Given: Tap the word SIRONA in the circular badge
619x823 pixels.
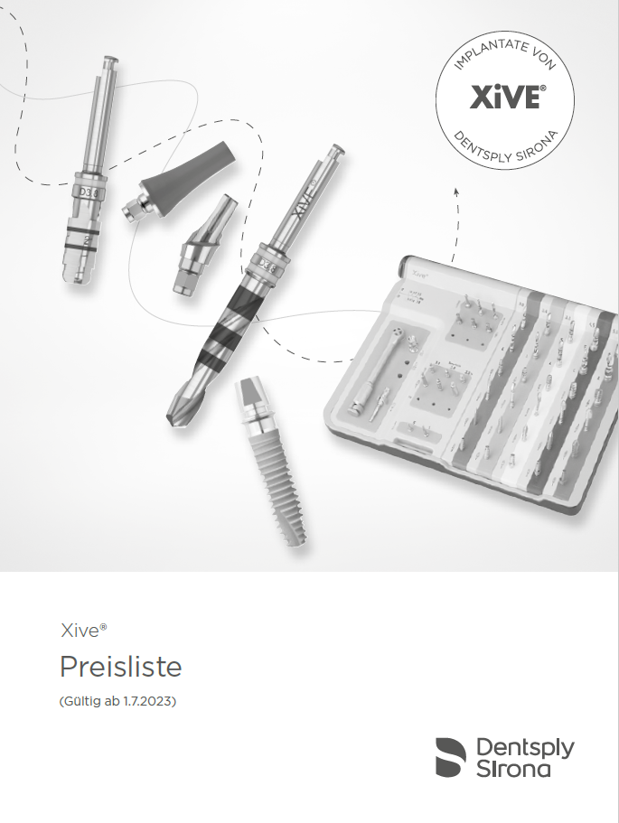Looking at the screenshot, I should [542, 144].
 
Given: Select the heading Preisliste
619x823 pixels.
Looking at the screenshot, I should [120, 667].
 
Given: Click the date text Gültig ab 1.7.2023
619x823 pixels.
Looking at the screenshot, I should [117, 701].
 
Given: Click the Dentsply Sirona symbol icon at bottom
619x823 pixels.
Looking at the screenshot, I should [451, 756].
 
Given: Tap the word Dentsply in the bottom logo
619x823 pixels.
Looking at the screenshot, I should [524, 746].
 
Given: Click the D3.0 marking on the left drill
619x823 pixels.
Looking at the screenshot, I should [91, 192].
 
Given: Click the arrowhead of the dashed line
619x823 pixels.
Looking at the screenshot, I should [456, 191].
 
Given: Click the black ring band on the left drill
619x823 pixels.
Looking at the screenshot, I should [82, 241].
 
